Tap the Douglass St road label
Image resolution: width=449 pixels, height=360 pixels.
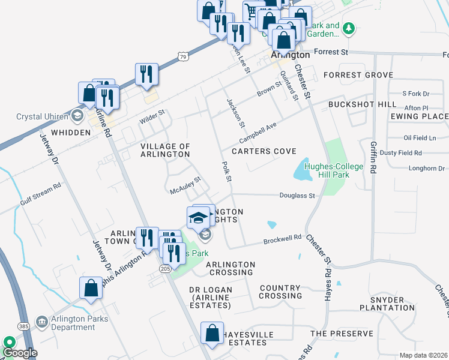point(297,196)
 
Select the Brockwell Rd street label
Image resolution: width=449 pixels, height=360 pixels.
point(282,239)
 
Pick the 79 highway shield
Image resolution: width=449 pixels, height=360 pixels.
point(182,56)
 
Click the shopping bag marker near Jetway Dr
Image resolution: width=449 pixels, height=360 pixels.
point(91,288)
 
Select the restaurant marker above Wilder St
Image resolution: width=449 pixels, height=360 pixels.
point(146,74)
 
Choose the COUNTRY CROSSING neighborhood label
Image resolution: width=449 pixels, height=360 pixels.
point(280,292)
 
